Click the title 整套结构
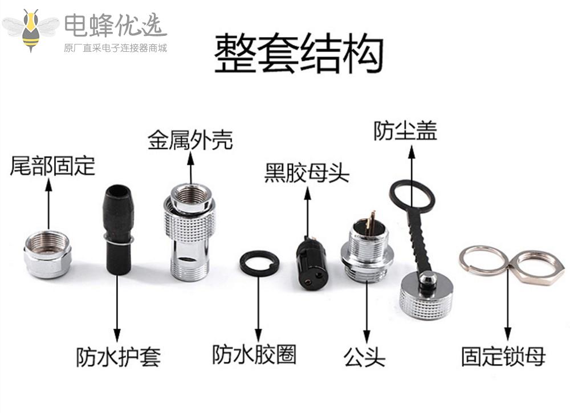point(299,54)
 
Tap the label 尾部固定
point(52,166)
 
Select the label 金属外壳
point(190,140)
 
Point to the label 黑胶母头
point(307,173)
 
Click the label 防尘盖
point(405,130)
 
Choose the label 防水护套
point(118,357)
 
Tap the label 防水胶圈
point(254,354)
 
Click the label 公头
point(364,357)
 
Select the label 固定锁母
point(503,356)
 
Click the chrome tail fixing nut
point(48,254)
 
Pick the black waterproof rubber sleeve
point(118,230)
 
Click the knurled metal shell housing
point(190,232)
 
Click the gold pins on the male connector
point(371,222)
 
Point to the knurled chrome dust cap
point(426,295)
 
